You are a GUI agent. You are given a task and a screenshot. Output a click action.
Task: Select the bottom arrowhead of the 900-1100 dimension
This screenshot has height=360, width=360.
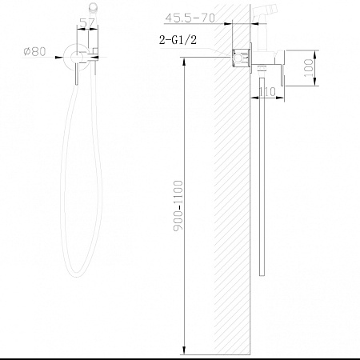(185, 350)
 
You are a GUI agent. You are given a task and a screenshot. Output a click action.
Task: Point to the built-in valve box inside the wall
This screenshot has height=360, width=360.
(240, 57)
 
